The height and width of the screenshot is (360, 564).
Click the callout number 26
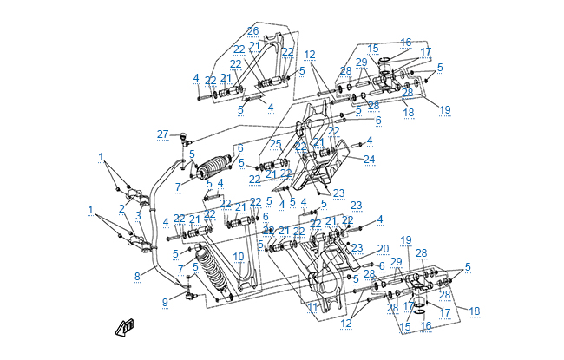[x=252, y=30]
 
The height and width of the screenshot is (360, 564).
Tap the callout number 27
[x=162, y=133]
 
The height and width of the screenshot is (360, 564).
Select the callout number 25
[x=275, y=143]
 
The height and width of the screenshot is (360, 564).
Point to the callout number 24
[x=369, y=159]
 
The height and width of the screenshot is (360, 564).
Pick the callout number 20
[x=383, y=249]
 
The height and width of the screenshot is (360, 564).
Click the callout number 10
[x=239, y=256]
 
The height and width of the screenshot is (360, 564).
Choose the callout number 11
[x=312, y=307]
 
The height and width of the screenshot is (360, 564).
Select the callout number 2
[x=122, y=208]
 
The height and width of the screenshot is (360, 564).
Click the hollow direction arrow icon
[x=126, y=327]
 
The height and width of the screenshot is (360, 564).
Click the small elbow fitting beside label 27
[x=184, y=136]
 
